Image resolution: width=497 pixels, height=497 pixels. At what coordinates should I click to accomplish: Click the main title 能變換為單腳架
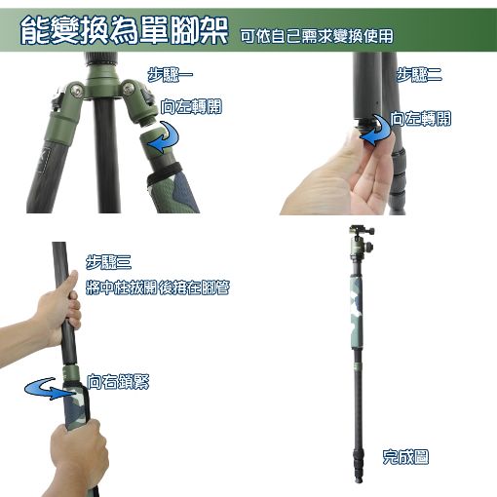[125, 30]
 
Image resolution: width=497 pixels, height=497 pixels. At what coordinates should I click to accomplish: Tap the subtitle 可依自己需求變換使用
[317, 36]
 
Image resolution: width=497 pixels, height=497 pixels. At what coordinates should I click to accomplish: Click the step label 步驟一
[171, 75]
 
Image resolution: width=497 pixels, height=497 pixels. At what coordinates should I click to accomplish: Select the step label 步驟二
[419, 75]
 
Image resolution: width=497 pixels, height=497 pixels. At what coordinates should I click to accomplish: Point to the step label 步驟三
[108, 262]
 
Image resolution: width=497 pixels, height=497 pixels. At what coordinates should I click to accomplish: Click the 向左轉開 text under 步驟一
[191, 106]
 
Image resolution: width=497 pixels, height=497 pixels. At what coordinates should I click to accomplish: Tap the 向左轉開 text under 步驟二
[421, 119]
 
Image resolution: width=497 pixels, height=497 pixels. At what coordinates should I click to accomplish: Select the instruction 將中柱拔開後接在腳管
[158, 287]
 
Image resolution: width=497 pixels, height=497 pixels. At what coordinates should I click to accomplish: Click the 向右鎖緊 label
[118, 382]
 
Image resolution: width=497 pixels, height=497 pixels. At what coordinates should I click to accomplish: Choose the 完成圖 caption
[405, 457]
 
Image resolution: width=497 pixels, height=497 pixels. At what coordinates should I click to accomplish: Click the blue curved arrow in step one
[166, 137]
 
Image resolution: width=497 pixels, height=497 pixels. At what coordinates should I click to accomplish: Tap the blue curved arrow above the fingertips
[378, 130]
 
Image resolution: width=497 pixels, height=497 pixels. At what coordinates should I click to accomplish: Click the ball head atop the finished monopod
[361, 242]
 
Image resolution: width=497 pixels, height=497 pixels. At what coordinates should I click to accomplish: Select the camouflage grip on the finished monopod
[357, 312]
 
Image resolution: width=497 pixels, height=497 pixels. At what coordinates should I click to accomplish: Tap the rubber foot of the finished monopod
[359, 479]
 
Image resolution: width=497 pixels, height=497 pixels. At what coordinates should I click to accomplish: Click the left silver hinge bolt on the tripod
[77, 91]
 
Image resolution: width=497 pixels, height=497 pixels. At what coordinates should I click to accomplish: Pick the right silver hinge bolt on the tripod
[129, 89]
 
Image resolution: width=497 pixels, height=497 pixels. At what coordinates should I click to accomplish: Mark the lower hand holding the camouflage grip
[80, 455]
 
